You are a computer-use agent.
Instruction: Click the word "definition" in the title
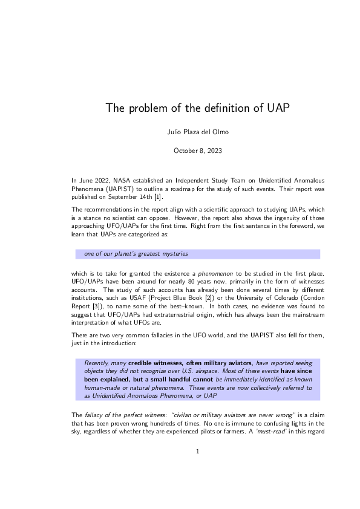210,108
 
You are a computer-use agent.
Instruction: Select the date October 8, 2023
180,150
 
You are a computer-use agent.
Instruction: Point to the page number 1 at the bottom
180,467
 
